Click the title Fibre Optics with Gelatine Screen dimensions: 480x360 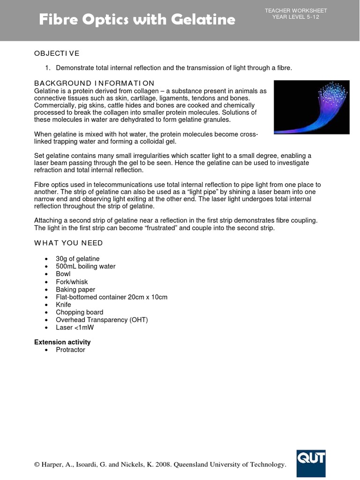pyautogui.click(x=136, y=20)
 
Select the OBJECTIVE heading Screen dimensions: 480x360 pyautogui.click(x=57, y=53)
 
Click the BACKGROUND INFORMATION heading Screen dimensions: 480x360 pyautogui.click(x=94, y=83)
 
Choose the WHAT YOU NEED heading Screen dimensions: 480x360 pyautogui.click(x=68, y=243)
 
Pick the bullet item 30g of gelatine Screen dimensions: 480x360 pyautogui.click(x=78, y=259)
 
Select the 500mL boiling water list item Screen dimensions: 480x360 pyautogui.click(x=86, y=266)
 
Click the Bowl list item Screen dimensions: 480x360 pyautogui.click(x=64, y=274)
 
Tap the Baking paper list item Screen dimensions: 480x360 pyautogui.click(x=75, y=289)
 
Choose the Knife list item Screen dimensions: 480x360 pyautogui.click(x=64, y=305)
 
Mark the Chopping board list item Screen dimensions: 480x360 pyautogui.click(x=80, y=312)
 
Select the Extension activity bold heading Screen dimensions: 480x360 pyautogui.click(x=62, y=342)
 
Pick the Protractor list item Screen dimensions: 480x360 pyautogui.click(x=71, y=350)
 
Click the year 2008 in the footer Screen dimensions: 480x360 pyautogui.click(x=165, y=465)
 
